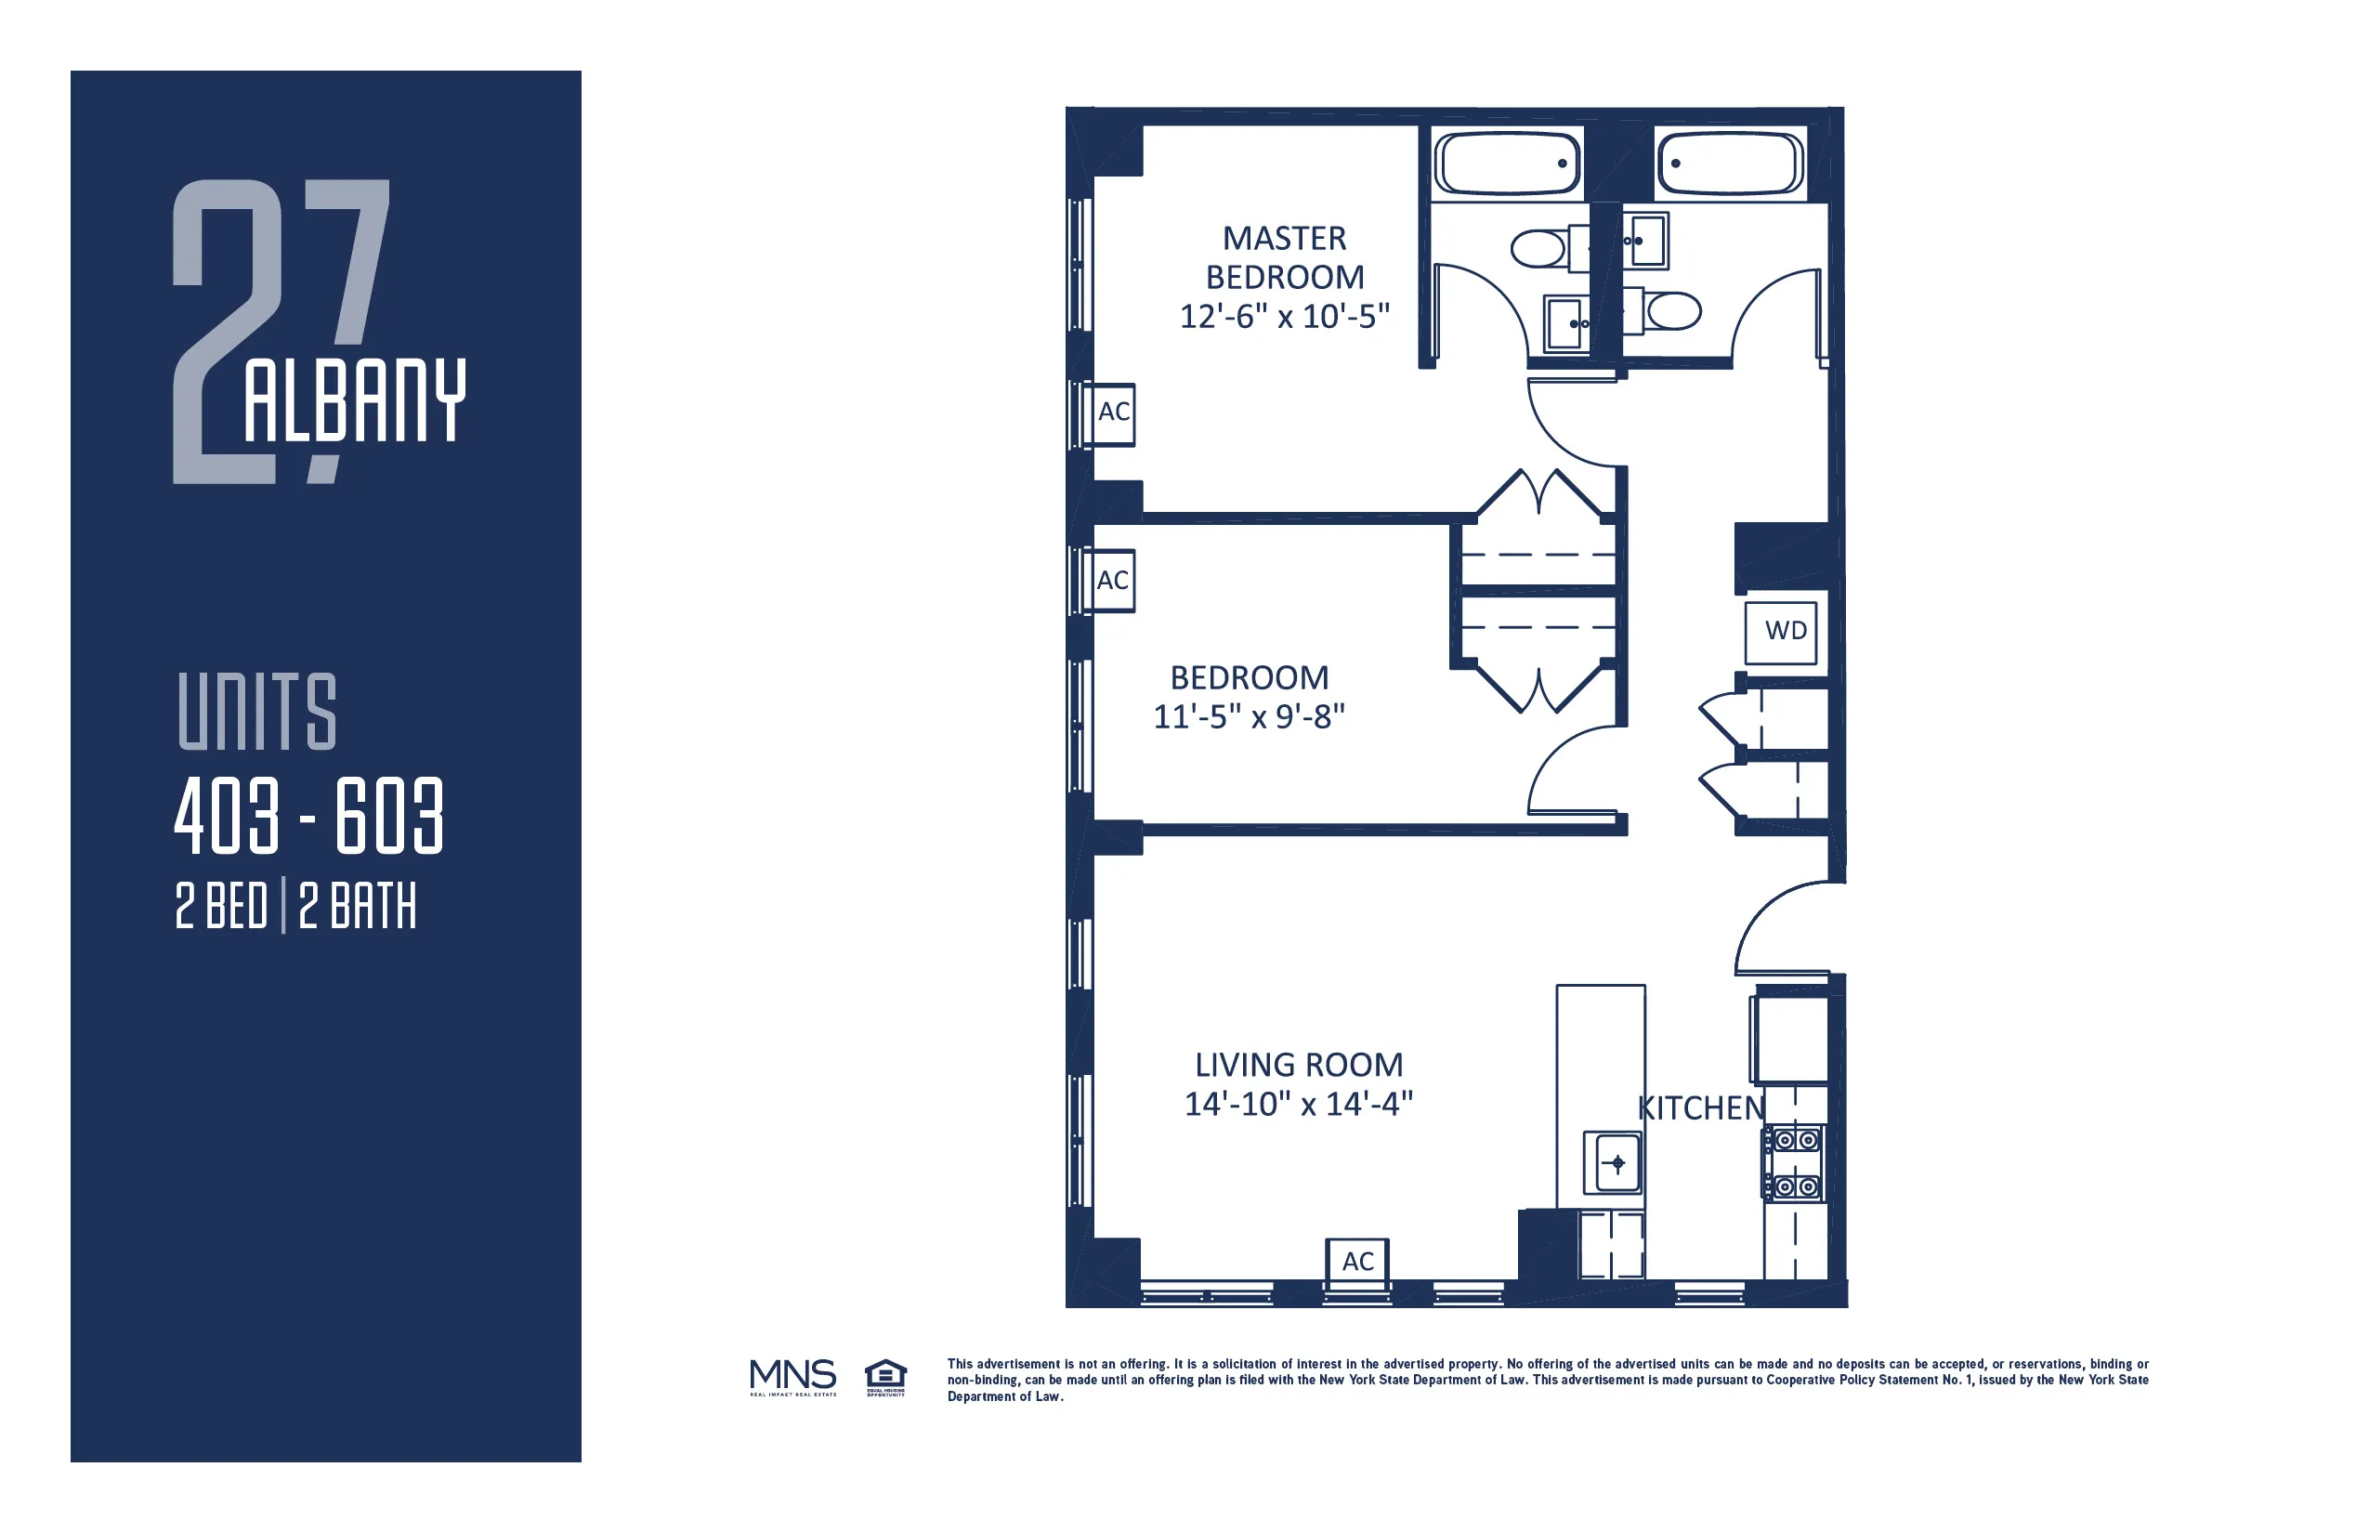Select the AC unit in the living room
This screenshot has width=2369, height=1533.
(x=1356, y=1262)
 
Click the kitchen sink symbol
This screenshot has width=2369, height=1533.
(x=1616, y=1162)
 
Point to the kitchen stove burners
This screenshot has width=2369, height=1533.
(x=1795, y=1162)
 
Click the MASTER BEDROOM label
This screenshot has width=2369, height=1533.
(x=1284, y=258)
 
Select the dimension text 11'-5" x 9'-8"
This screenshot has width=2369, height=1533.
(x=1249, y=716)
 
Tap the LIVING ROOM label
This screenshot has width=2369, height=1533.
(x=1298, y=1065)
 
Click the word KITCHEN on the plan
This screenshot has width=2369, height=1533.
(x=1700, y=1107)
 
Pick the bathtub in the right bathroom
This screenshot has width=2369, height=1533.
(x=1730, y=164)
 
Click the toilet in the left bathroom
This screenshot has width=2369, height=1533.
(x=1538, y=249)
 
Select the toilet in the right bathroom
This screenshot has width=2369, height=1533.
(x=1673, y=310)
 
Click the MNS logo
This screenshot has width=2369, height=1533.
(x=792, y=1377)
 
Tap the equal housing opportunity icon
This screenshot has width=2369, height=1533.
(x=884, y=1378)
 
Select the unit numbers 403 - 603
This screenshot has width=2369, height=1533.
(x=308, y=817)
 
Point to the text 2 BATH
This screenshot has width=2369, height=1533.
(x=358, y=906)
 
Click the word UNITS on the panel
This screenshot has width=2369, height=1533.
(x=256, y=711)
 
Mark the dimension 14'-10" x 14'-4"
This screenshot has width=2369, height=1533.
(x=1298, y=1104)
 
